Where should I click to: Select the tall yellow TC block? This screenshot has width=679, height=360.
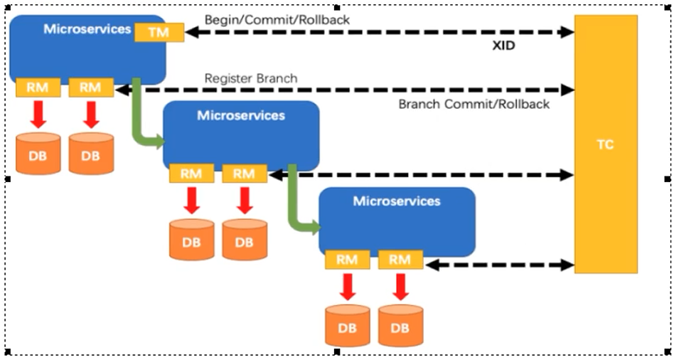[x=605, y=144]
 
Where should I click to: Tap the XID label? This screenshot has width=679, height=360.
[x=504, y=44]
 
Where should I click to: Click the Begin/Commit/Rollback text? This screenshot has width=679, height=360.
[x=277, y=20]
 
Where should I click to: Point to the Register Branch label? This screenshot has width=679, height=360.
[x=251, y=78]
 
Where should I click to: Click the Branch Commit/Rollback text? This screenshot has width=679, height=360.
[x=474, y=104]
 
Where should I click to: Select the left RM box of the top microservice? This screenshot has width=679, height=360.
[x=38, y=88]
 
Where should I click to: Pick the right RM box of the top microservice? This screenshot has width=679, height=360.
[x=90, y=88]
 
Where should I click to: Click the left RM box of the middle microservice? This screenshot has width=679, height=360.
[x=191, y=173]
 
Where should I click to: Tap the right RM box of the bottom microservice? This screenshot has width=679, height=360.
[x=400, y=260]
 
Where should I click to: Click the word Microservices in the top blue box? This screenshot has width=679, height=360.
[x=87, y=29]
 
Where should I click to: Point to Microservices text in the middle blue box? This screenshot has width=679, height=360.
[x=241, y=115]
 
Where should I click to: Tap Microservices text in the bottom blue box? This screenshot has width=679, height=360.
[x=396, y=201]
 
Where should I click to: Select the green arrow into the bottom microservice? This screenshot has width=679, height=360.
[x=299, y=213]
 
